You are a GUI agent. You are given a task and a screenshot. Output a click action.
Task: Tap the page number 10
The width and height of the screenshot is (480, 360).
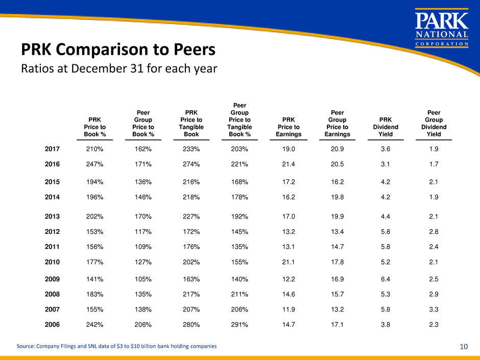[464, 346]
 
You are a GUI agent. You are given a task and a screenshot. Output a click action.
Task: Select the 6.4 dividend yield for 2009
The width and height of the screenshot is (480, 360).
[385, 280]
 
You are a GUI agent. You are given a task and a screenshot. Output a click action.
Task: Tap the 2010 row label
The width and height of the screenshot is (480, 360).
[52, 262]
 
